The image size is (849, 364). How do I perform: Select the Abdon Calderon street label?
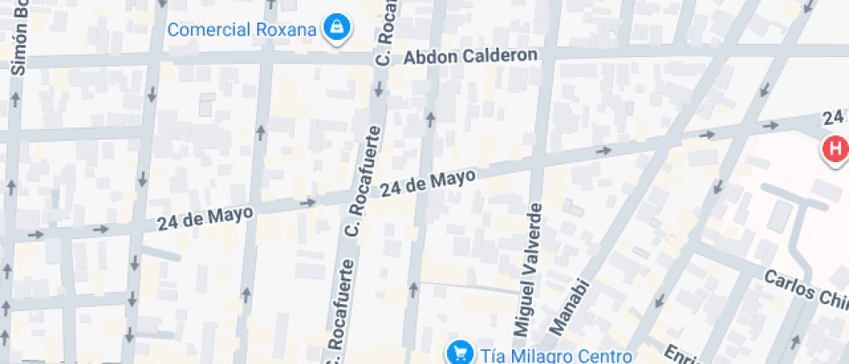[471, 55]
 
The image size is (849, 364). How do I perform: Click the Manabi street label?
[573, 306]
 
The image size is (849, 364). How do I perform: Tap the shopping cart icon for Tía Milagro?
[457, 353]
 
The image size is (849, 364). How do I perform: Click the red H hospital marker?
[835, 149]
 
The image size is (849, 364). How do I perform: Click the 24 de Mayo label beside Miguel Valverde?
[429, 183]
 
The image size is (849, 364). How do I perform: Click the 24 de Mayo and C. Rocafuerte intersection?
[359, 197]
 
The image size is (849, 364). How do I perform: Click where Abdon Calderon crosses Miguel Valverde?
[548, 54]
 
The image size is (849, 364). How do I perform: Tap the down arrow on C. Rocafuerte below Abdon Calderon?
[377, 90]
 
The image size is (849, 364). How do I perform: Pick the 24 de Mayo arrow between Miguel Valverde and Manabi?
[604, 150]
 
